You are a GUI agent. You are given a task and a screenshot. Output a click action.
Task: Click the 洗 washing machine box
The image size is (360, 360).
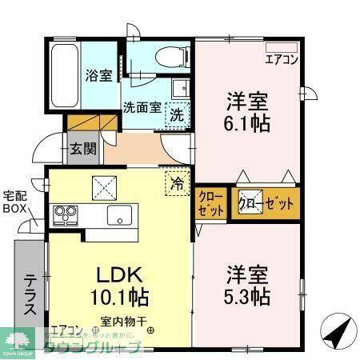pos(177,114)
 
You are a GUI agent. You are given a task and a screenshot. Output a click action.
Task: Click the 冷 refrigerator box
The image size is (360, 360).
pos(178,182)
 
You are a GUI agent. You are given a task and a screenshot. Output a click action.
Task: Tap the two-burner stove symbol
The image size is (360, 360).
pos(65,214)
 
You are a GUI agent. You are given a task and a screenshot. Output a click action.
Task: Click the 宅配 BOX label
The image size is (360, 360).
pos(14,202)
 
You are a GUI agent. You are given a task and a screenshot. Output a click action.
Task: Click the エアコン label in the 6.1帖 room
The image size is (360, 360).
pos(281,58)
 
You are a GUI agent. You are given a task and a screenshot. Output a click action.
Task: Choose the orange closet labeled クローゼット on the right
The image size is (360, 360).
pos(266,203)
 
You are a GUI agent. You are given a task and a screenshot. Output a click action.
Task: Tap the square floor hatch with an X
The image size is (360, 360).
pos(104,189)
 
